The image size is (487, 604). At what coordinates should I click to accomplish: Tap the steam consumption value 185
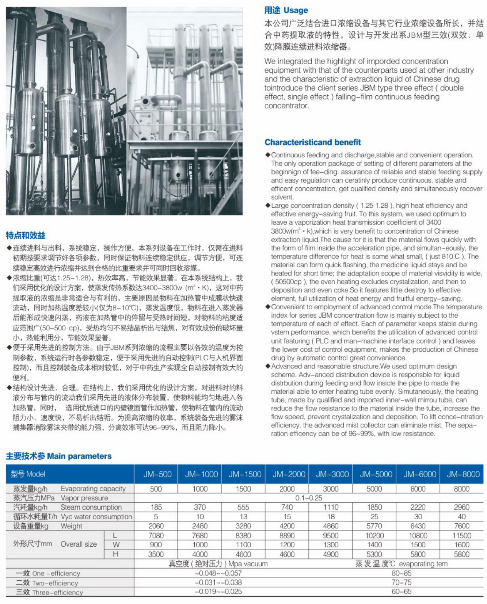click(x=156, y=507)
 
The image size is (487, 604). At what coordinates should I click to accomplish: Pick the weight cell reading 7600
click(x=462, y=526)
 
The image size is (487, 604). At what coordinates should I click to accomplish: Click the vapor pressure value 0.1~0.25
click(x=309, y=498)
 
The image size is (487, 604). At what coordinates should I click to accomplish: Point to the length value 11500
click(x=462, y=535)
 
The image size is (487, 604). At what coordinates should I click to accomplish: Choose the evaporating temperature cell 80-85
click(x=401, y=573)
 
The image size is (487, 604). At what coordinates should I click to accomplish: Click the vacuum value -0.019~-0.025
click(x=218, y=592)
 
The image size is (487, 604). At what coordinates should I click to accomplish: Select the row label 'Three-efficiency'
click(x=49, y=592)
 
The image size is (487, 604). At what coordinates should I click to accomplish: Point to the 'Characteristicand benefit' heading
click(x=312, y=142)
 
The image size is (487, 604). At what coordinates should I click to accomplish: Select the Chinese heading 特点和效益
click(x=26, y=235)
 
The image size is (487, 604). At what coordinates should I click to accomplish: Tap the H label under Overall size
click(x=115, y=554)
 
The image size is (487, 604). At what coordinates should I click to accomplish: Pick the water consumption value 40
click(x=462, y=516)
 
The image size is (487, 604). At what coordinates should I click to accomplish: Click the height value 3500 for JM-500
click(x=156, y=554)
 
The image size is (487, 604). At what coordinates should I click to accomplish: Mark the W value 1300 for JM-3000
click(x=331, y=544)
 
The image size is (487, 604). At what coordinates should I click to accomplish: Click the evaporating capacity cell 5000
click(x=374, y=489)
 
